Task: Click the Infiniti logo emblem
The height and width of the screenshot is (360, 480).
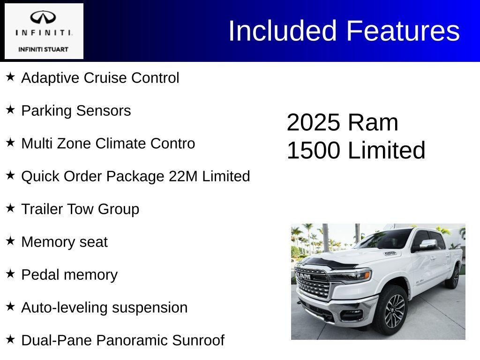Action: tap(43, 18)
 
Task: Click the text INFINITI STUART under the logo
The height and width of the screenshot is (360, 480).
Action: tap(43, 49)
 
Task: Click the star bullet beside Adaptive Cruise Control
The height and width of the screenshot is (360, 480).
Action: tap(10, 76)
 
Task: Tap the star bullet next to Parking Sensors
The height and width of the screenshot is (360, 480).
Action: tap(10, 109)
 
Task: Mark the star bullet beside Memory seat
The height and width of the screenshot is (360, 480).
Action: tap(10, 240)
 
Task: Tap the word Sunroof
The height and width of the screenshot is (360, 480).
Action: tap(198, 340)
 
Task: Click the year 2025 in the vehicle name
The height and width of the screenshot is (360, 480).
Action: tap(313, 122)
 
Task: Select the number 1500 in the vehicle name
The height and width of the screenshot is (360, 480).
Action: tap(313, 150)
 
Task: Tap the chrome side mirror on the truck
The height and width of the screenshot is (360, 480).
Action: tap(428, 244)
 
